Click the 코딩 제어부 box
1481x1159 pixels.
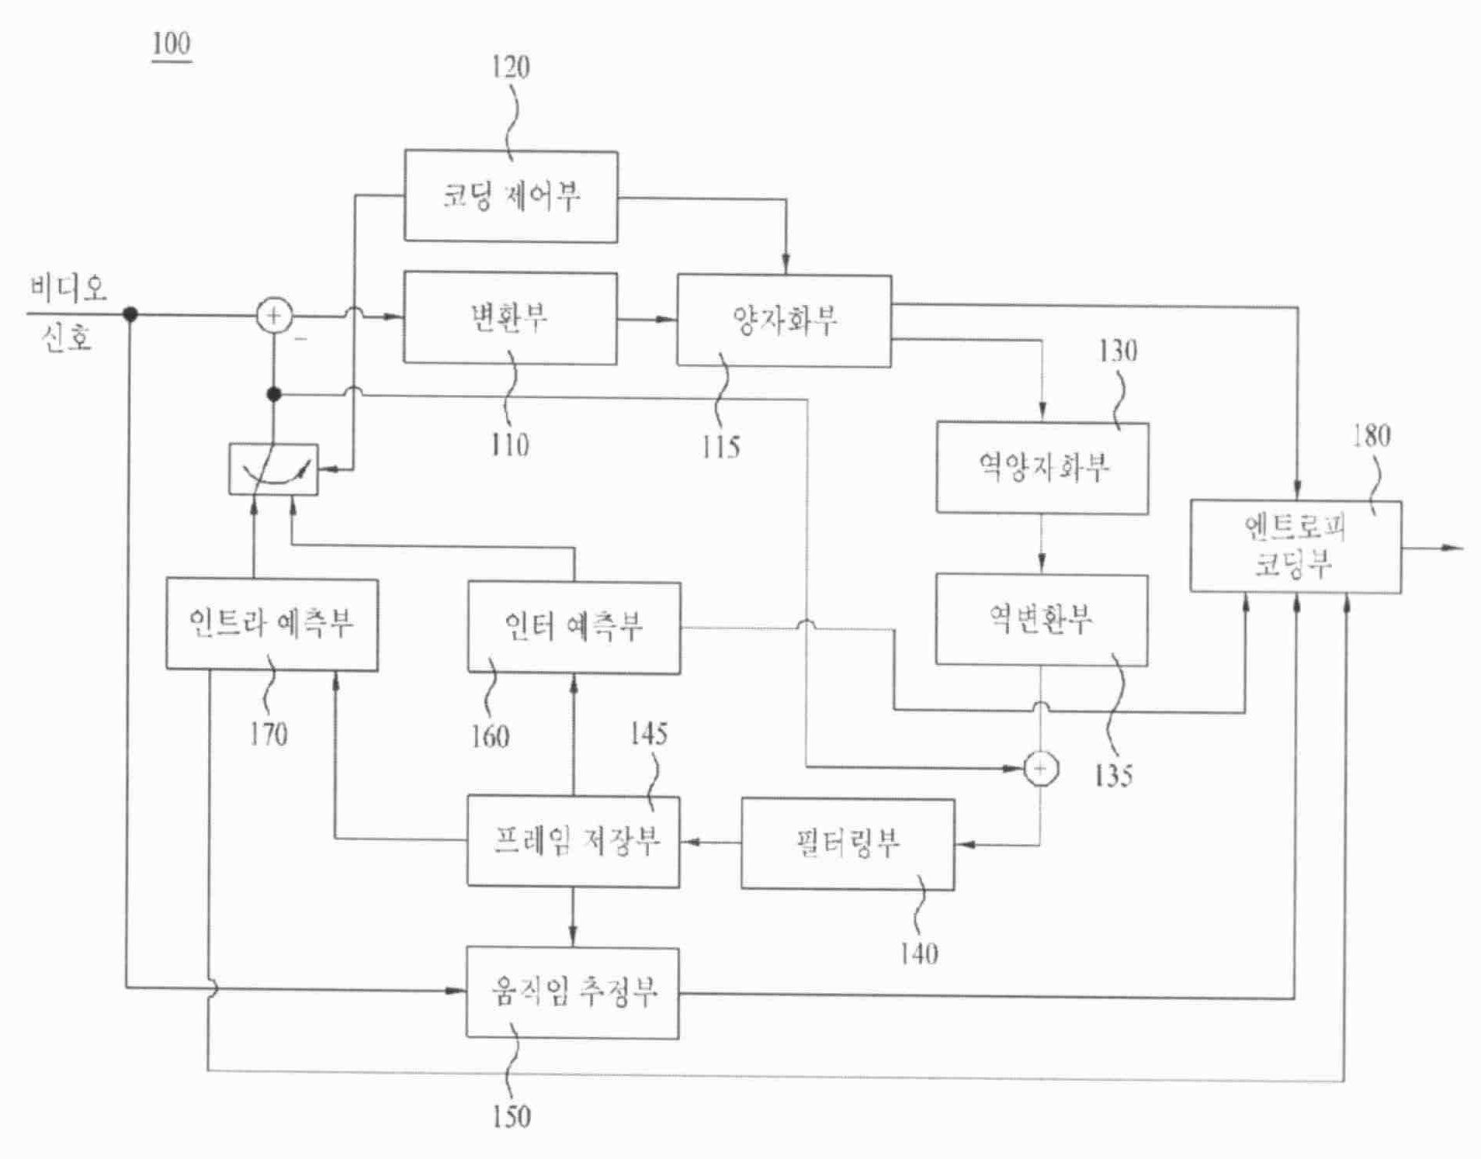(511, 196)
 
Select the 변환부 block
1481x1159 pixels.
(510, 317)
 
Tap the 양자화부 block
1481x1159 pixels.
(784, 320)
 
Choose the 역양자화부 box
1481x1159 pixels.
(1042, 467)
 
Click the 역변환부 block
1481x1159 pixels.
(1041, 619)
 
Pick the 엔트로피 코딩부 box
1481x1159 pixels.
(1295, 546)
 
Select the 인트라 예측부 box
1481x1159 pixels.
(272, 624)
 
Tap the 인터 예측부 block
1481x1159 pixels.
(574, 627)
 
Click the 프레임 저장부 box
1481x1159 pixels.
(573, 841)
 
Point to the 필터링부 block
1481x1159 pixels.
(848, 843)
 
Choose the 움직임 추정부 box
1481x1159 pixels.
(572, 992)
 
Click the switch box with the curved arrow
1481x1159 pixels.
(273, 469)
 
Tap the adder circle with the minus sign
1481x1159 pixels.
(274, 316)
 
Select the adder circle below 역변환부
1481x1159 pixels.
(1040, 769)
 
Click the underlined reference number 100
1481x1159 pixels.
(172, 43)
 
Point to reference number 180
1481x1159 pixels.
(1371, 436)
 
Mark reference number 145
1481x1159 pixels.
(648, 734)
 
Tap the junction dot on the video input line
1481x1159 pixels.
(130, 314)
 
